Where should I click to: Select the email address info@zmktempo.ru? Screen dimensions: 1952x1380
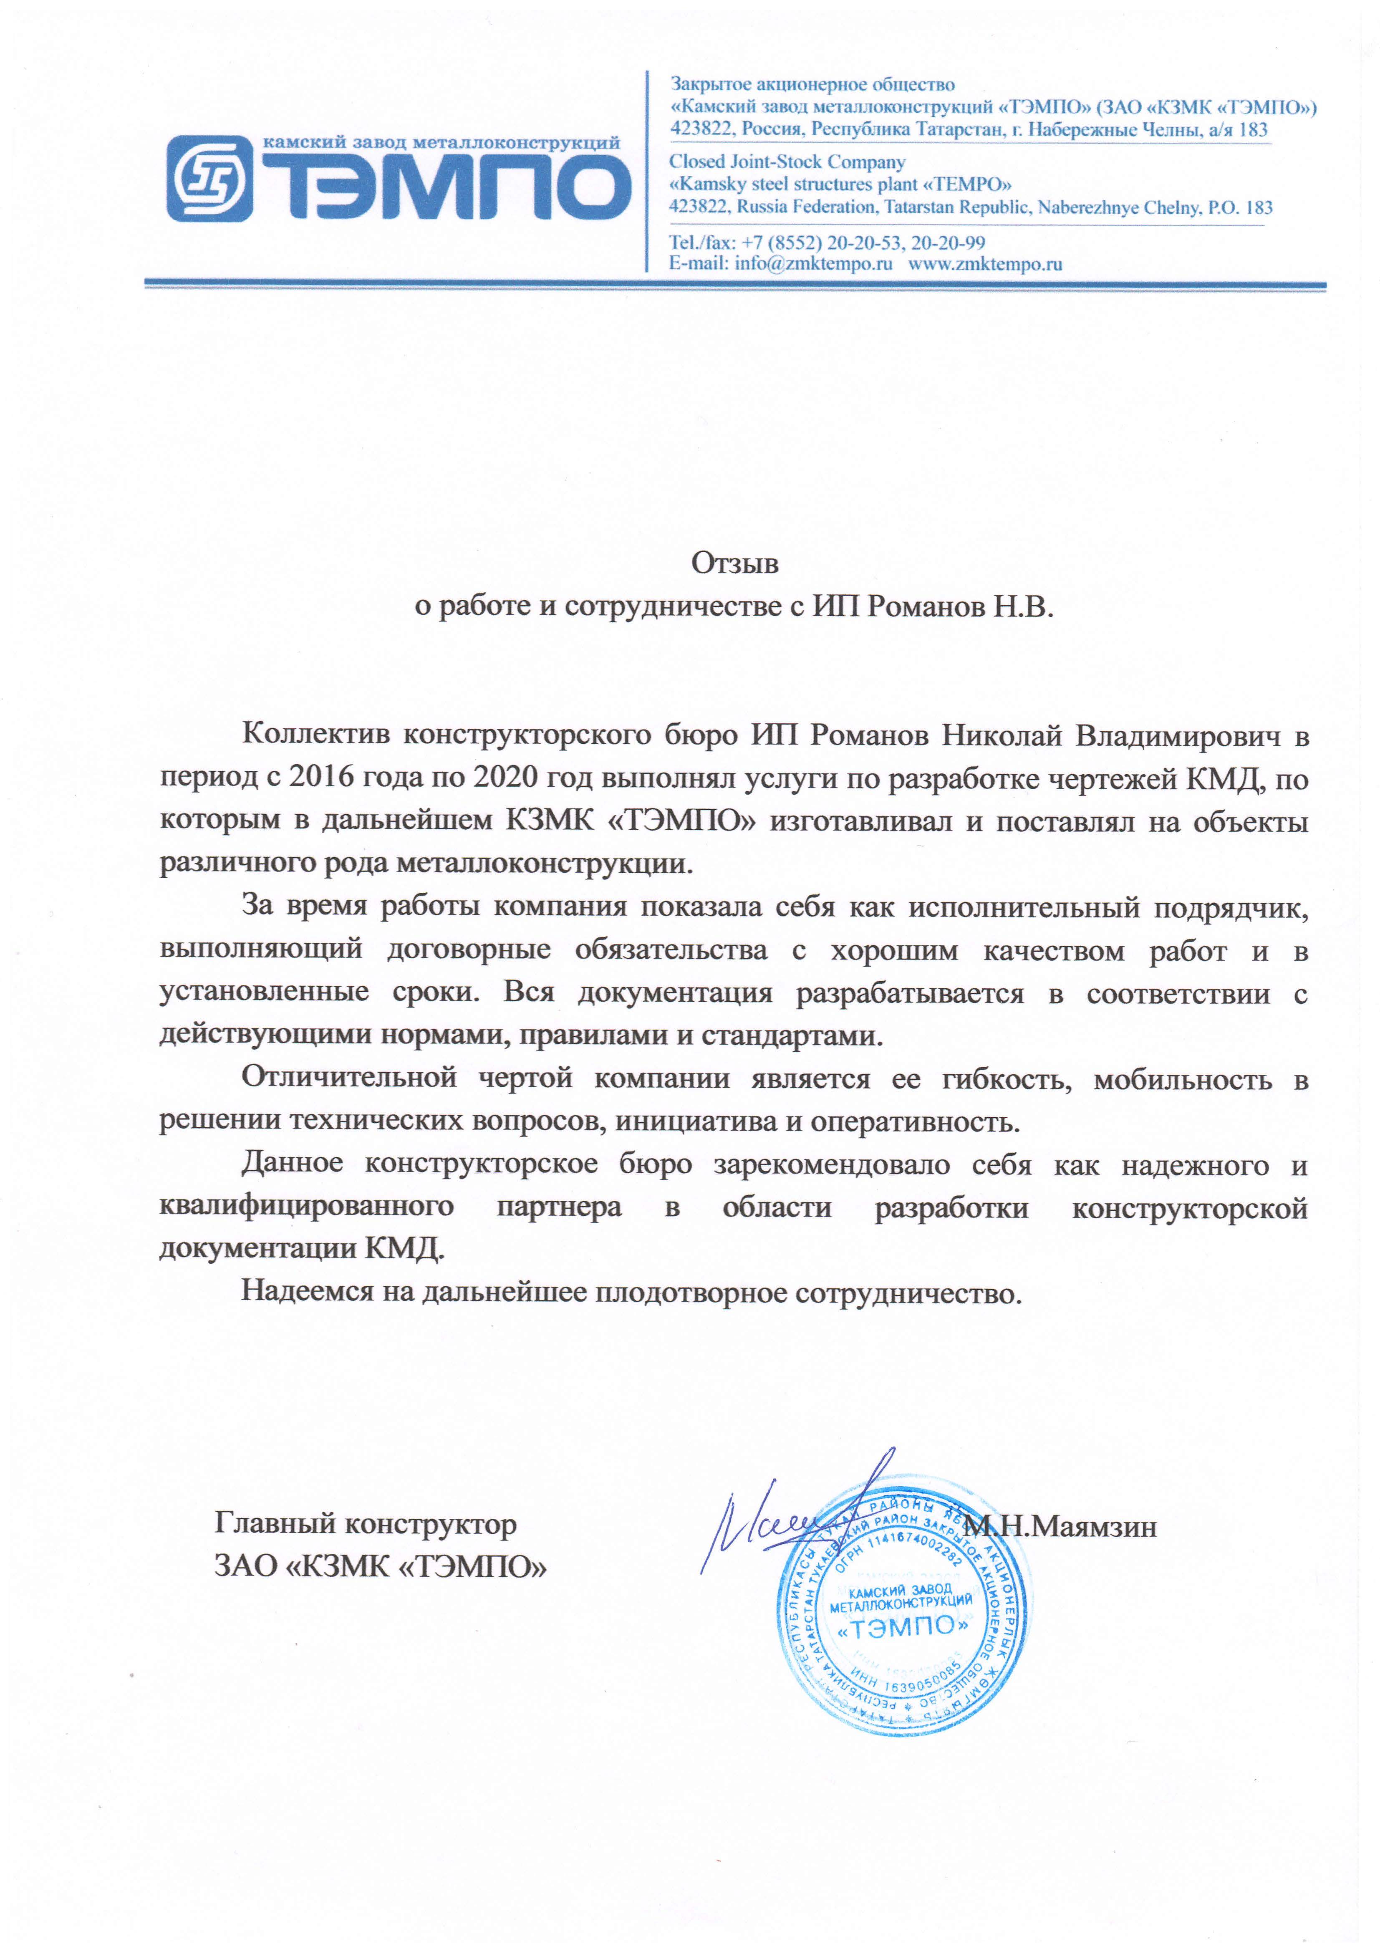click(x=814, y=263)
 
